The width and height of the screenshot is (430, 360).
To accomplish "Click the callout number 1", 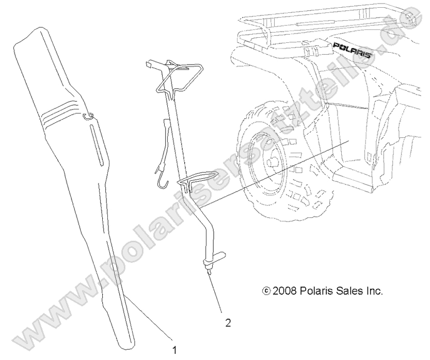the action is click(x=173, y=350).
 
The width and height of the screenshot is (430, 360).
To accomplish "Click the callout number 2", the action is click(x=228, y=323).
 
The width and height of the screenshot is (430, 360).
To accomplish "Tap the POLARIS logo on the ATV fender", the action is click(x=353, y=50).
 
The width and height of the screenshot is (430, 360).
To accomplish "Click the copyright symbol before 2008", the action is click(x=266, y=291).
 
